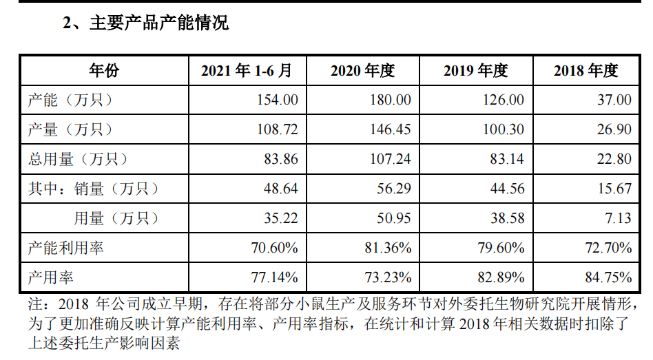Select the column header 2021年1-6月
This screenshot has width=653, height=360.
(247, 70)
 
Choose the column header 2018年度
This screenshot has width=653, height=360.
(586, 70)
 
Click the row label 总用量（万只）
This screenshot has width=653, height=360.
(78, 159)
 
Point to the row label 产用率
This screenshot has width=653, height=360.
(51, 277)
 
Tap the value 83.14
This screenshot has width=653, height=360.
(506, 159)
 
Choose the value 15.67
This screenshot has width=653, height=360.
(614, 189)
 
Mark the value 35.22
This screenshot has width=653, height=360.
(280, 218)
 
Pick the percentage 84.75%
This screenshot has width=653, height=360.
(609, 277)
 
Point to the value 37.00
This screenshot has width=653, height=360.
(614, 100)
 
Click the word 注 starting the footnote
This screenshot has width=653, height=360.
(34, 305)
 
